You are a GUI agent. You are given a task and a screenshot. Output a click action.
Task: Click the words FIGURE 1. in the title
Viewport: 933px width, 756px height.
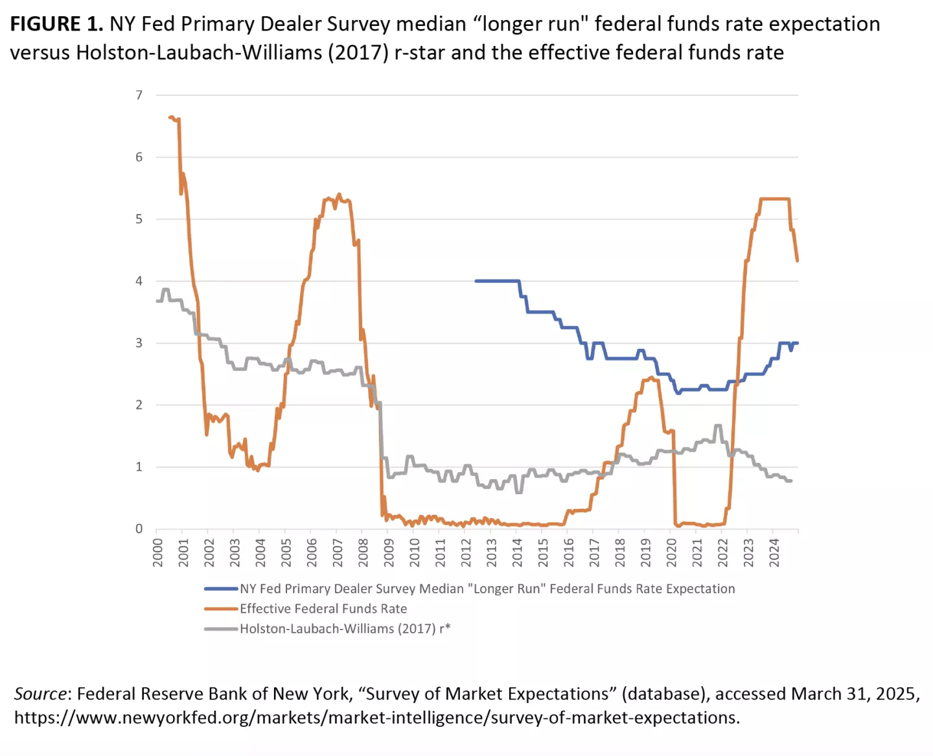point(56,25)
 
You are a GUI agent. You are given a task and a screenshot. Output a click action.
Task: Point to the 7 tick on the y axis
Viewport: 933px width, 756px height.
point(139,95)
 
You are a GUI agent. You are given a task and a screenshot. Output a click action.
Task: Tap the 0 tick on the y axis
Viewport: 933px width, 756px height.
point(139,529)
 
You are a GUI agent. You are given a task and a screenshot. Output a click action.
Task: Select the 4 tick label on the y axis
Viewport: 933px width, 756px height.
point(139,281)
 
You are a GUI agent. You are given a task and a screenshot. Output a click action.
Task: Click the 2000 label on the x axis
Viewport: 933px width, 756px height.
point(157,552)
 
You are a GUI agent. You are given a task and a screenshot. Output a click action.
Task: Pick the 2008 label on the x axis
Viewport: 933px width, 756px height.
point(363,552)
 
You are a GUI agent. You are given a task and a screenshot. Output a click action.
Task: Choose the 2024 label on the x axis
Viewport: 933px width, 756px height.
point(774,552)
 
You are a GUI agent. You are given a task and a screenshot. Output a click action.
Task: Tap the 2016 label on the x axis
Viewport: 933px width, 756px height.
point(568,552)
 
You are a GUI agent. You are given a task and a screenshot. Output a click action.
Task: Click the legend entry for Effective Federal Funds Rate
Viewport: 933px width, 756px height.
point(323,609)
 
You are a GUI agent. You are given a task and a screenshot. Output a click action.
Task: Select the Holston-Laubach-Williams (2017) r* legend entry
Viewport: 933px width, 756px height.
point(345,629)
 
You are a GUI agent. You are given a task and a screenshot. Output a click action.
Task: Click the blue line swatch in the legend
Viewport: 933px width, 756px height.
point(221,589)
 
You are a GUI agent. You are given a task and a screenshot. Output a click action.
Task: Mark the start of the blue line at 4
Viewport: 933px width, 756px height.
point(476,281)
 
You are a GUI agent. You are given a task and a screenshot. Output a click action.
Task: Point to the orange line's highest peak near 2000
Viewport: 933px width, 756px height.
point(171,117)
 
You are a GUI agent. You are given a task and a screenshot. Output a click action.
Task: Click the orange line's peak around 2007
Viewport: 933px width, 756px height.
point(338,195)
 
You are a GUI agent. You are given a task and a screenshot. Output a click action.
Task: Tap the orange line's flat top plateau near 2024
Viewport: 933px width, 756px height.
point(774,199)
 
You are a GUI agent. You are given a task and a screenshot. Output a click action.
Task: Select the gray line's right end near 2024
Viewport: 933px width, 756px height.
point(790,480)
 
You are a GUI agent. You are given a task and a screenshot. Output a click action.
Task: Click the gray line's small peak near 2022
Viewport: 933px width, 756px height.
point(717,425)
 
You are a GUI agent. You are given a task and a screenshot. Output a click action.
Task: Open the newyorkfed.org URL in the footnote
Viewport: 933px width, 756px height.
point(376,718)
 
